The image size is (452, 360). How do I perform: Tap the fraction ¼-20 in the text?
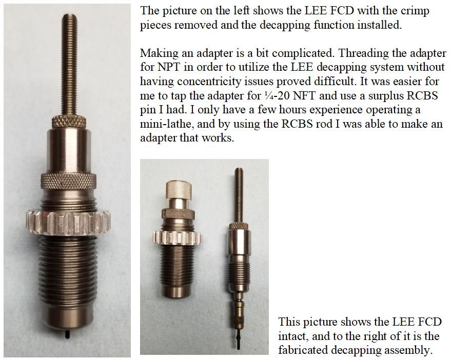(277, 95)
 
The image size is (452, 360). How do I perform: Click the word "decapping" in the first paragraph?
(285, 25)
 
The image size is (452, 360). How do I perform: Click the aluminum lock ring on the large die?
(68, 223)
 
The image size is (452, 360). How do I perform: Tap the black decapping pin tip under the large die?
(67, 334)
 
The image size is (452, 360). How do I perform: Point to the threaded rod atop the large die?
(69, 65)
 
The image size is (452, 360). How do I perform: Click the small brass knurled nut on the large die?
(69, 122)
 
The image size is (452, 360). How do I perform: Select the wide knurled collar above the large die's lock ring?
(69, 182)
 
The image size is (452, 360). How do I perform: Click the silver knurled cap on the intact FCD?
(179, 190)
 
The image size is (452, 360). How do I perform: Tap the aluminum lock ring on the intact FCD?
(178, 238)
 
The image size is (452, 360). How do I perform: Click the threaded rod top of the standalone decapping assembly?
(238, 195)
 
